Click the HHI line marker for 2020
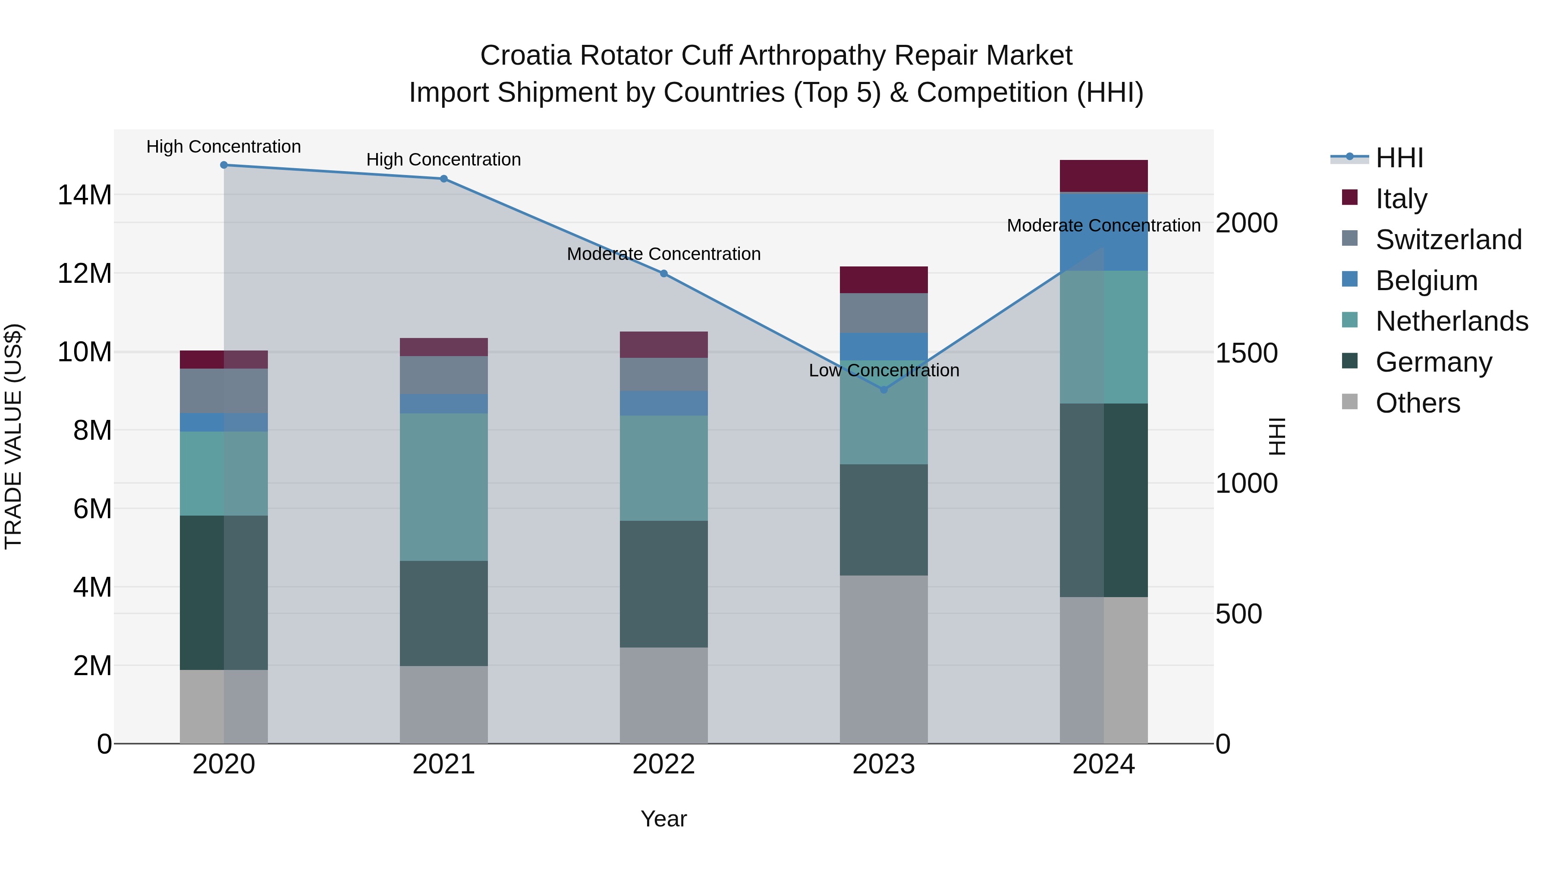coord(223,165)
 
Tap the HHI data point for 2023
coord(884,390)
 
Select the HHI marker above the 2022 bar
coord(664,273)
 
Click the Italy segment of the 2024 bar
coord(1104,176)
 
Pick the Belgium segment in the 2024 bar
coord(1104,232)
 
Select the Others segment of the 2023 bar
coord(884,660)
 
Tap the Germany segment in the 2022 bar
coord(664,585)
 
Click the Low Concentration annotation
coord(884,370)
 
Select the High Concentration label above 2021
coord(444,160)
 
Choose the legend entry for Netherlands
coord(1452,321)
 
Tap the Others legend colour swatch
coord(1350,402)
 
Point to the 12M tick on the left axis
coord(85,273)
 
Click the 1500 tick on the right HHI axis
coord(1246,353)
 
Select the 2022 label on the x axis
coord(664,764)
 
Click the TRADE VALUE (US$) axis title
coord(13,436)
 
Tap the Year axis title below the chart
coord(664,819)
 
